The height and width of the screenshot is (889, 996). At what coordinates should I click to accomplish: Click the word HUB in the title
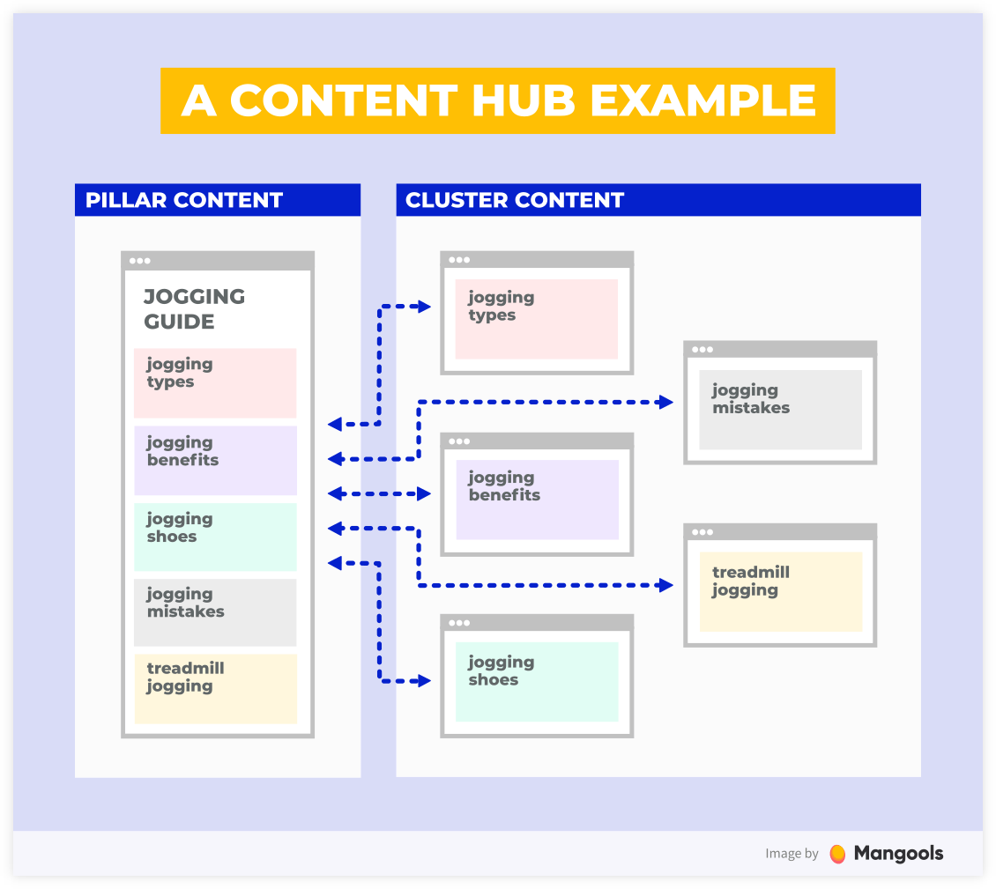click(523, 100)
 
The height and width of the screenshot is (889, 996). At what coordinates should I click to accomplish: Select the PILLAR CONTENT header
click(217, 200)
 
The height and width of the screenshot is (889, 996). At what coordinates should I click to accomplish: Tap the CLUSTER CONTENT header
click(658, 200)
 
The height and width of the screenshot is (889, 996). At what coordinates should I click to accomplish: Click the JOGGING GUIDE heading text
click(194, 308)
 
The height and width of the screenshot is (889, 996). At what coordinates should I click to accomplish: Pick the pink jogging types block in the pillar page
click(215, 383)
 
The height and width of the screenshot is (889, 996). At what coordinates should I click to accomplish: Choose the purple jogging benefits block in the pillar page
click(215, 461)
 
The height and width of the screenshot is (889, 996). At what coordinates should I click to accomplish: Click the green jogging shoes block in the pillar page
click(215, 537)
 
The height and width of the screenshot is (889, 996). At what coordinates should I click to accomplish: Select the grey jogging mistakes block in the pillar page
click(215, 612)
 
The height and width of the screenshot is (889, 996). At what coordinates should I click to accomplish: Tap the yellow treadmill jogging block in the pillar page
click(215, 688)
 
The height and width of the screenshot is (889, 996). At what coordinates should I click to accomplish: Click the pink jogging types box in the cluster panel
click(536, 319)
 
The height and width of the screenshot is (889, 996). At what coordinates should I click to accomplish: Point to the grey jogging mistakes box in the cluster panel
click(780, 410)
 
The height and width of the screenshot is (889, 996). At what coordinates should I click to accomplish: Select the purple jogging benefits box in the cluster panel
click(538, 500)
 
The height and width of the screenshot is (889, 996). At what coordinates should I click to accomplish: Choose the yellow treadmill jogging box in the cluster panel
click(781, 591)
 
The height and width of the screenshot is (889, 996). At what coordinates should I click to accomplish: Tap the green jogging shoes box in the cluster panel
click(537, 681)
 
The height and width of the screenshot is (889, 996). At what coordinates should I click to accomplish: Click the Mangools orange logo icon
click(838, 854)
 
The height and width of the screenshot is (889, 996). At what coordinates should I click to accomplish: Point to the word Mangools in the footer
click(898, 854)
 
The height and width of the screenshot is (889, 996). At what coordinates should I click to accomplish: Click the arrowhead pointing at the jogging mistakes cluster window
click(665, 402)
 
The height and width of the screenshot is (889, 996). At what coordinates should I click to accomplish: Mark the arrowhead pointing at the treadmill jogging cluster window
click(665, 585)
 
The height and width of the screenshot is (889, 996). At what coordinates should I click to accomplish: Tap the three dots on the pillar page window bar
click(140, 260)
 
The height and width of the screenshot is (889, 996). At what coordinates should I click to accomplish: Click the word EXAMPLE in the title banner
click(702, 100)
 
